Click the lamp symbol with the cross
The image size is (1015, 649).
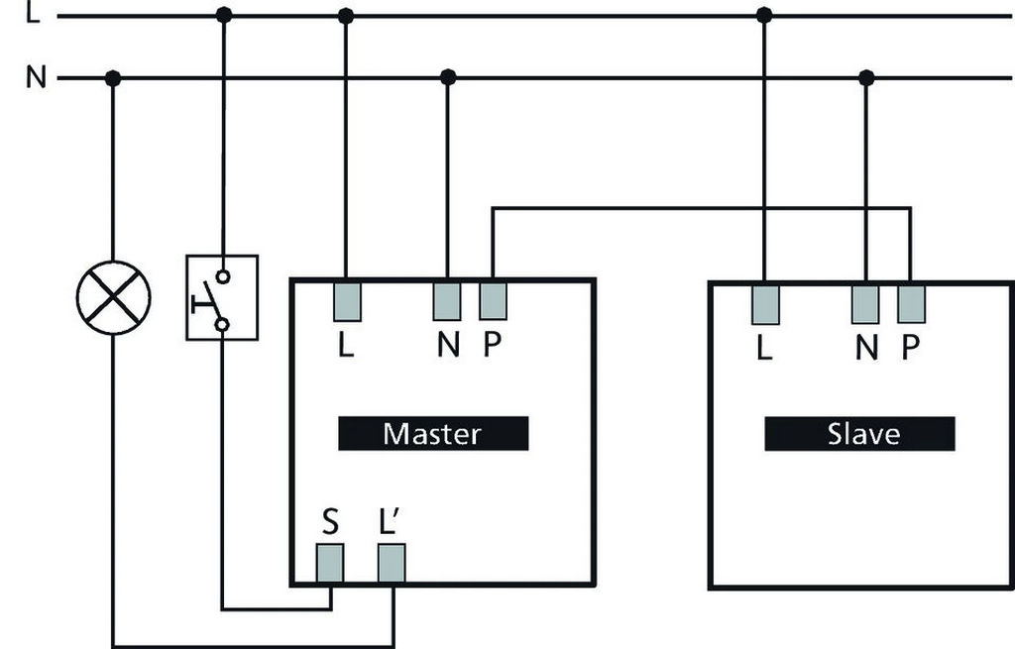point(113,297)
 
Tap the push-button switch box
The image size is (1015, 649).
point(222,297)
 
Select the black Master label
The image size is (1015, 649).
point(433,433)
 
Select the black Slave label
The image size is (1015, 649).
point(859,433)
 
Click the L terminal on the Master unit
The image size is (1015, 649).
point(347,301)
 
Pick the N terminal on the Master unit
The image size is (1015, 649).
point(447,301)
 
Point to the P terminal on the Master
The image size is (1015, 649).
point(493,301)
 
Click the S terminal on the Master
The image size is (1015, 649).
point(330,563)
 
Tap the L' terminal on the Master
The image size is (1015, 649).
point(392,563)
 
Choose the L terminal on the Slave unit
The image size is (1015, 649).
point(764,304)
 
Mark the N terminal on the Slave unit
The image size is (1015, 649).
point(865,304)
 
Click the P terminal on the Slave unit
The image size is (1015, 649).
point(911,304)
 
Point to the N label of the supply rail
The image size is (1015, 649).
point(36,77)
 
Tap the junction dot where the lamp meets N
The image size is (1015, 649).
point(113,78)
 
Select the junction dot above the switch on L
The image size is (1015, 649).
point(224,15)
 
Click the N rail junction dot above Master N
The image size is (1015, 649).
point(448,76)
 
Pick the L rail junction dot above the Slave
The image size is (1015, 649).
point(764,15)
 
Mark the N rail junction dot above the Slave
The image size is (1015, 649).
point(867,77)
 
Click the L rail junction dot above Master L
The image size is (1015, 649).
point(346,15)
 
